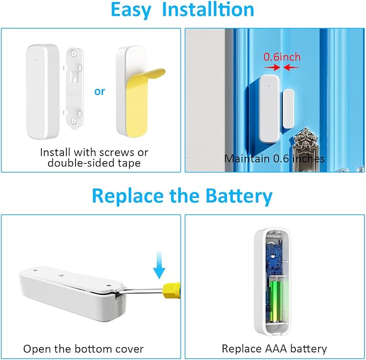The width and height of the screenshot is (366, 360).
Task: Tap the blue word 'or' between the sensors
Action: coord(100,91)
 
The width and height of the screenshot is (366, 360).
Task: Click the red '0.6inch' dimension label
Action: coord(282,57)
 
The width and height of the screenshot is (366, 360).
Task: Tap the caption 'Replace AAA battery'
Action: coord(274,349)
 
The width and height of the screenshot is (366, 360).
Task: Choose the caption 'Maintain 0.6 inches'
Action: coord(274,158)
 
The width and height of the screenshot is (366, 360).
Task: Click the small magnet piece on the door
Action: coord(287,108)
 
